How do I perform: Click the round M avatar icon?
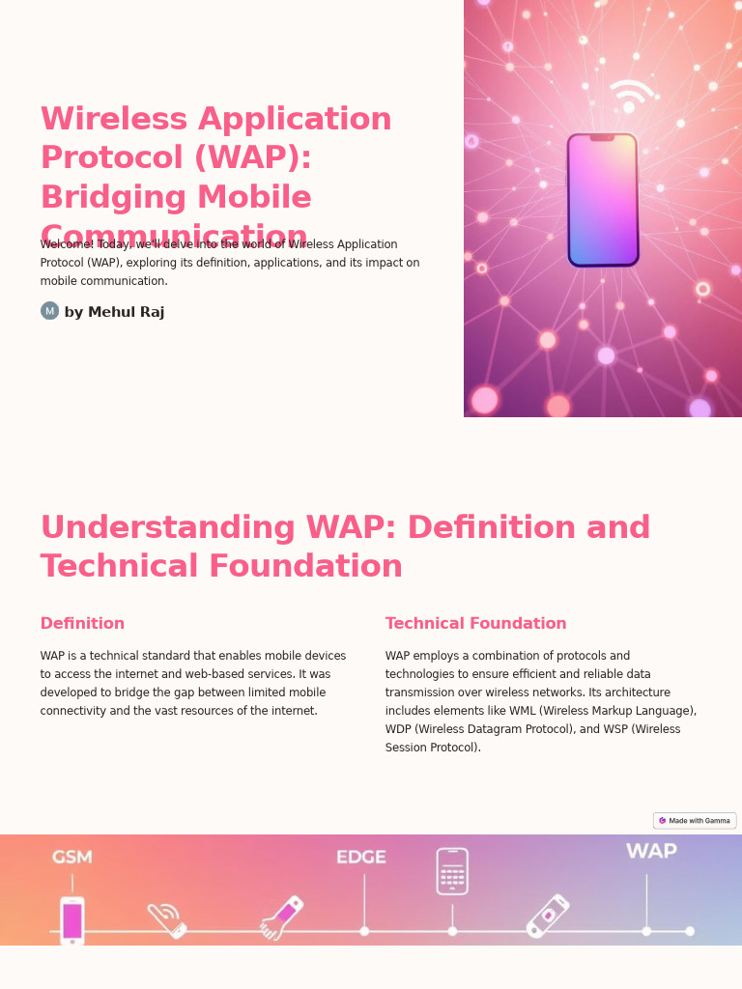pyautogui.click(x=49, y=311)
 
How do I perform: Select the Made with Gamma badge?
pyautogui.click(x=695, y=821)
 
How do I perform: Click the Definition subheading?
pyautogui.click(x=82, y=624)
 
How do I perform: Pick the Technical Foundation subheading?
pyautogui.click(x=475, y=624)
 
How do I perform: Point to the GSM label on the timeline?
pyautogui.click(x=72, y=857)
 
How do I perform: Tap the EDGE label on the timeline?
pyautogui.click(x=361, y=857)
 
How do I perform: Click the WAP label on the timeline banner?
pyautogui.click(x=651, y=851)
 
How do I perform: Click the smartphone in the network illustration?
pyautogui.click(x=603, y=200)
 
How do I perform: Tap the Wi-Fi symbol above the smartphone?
pyautogui.click(x=631, y=97)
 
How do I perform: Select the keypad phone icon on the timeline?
pyautogui.click(x=452, y=871)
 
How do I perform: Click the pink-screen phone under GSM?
pyautogui.click(x=72, y=920)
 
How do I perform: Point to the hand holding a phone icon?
pyautogui.click(x=281, y=918)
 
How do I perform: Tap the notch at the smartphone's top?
pyautogui.click(x=602, y=138)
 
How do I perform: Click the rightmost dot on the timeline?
pyautogui.click(x=690, y=931)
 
